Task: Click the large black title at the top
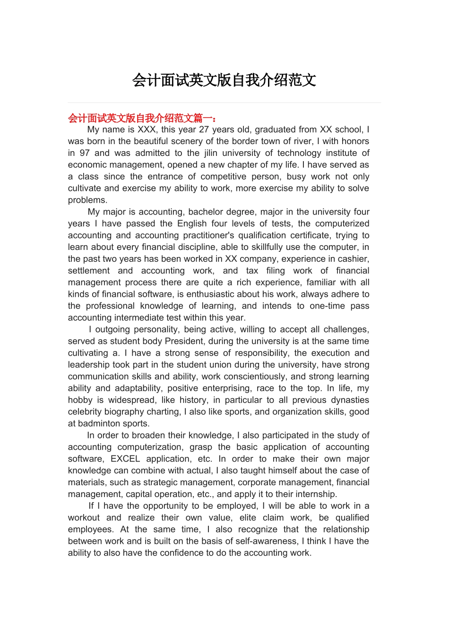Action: pos(224,80)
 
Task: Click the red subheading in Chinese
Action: pos(142,118)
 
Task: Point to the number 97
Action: pos(85,153)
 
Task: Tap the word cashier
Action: pos(352,259)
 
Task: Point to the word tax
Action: pos(252,271)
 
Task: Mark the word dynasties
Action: pos(348,400)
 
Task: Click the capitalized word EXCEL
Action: pos(125,459)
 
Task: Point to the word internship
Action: pos(316,494)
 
